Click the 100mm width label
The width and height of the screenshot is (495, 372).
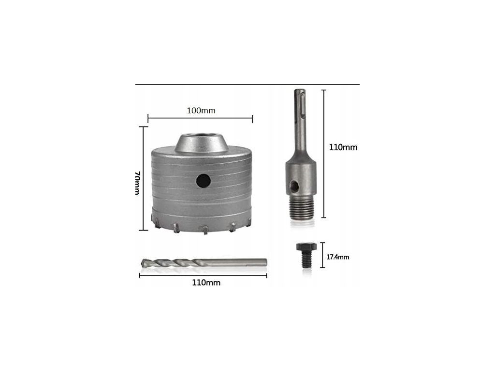[x=201, y=111]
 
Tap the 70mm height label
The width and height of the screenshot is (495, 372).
[x=138, y=183]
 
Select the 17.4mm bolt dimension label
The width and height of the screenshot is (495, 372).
[x=337, y=257]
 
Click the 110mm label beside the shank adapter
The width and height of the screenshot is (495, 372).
[x=343, y=147]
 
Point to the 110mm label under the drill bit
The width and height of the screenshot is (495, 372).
[x=206, y=282]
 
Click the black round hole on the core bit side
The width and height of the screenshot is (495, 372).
[x=204, y=181]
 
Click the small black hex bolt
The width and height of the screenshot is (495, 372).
[x=306, y=255]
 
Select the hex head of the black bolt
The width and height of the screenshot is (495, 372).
[x=306, y=247]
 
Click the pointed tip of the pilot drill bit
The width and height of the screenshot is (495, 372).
[x=143, y=263]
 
